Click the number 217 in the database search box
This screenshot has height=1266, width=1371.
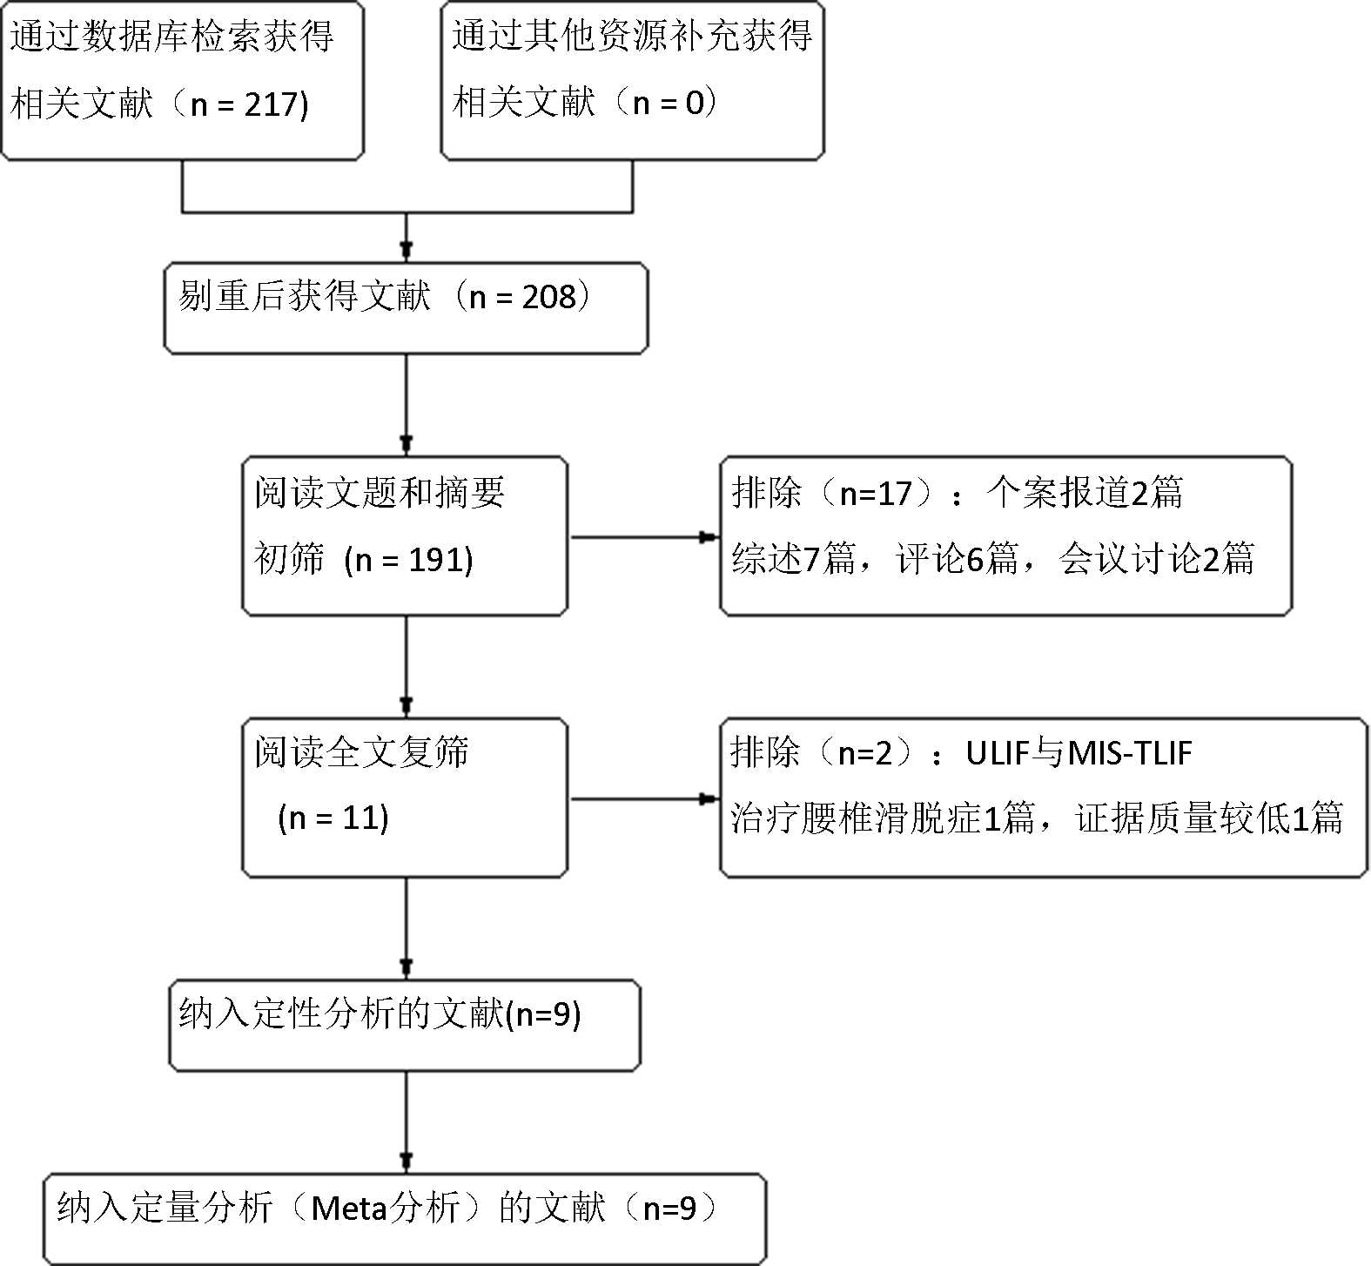[271, 104]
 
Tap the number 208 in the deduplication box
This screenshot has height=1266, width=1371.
[549, 297]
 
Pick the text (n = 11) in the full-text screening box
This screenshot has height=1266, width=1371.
[333, 818]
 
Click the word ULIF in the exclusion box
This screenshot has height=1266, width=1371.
[996, 753]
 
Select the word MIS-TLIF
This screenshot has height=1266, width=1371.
[1129, 753]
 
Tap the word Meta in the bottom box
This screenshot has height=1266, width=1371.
[347, 1208]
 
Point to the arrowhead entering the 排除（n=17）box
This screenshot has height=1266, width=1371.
[709, 537]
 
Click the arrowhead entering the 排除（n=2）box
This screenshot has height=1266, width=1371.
[709, 798]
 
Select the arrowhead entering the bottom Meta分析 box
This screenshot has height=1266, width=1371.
[406, 1161]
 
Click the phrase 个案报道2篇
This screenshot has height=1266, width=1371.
[1085, 493]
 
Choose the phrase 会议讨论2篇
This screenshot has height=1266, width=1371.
[1156, 559]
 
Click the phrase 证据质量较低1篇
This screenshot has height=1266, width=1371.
[1209, 818]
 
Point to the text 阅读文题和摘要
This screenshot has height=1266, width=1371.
[380, 493]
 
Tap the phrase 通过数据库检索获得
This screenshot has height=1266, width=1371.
[171, 37]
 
